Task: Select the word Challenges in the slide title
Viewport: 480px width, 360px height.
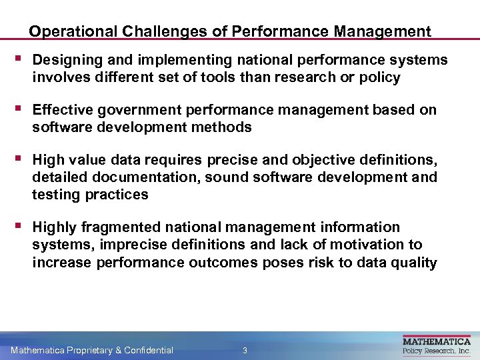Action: (x=143, y=31)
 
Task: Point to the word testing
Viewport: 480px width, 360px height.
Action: (x=56, y=194)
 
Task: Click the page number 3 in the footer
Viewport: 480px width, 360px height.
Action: (x=245, y=350)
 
